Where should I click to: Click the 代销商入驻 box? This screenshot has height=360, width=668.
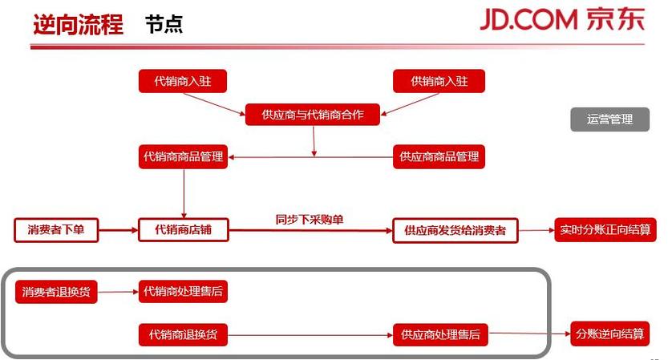[x=183, y=81]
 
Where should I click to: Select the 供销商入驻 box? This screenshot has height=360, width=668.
[x=439, y=81]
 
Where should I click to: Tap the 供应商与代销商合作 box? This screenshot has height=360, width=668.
[x=312, y=115]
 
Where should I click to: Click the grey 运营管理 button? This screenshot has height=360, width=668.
[x=610, y=119]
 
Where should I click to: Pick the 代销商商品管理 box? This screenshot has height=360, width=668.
[x=183, y=157]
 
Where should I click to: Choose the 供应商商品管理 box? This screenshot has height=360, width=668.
[x=439, y=157]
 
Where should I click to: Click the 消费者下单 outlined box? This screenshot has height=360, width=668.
[x=56, y=230]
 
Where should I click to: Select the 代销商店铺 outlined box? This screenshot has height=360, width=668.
[x=183, y=230]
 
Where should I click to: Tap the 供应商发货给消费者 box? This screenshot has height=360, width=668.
[x=455, y=230]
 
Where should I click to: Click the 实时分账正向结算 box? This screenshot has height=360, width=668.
[x=605, y=230]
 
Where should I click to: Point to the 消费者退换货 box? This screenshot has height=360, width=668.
[x=56, y=292]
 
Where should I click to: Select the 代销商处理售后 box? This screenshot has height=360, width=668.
[x=183, y=291]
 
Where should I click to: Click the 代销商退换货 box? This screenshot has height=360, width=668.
[x=183, y=335]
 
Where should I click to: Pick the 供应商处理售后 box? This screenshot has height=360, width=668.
[x=440, y=335]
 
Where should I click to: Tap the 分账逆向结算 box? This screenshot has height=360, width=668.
[x=610, y=334]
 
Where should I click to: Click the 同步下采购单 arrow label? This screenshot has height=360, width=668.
[x=310, y=220]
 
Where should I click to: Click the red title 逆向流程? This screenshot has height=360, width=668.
[x=79, y=24]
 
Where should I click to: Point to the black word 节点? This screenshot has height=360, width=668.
[x=164, y=24]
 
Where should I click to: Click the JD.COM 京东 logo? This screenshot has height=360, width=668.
[x=562, y=19]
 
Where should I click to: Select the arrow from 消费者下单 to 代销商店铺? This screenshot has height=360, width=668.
[x=119, y=230]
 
